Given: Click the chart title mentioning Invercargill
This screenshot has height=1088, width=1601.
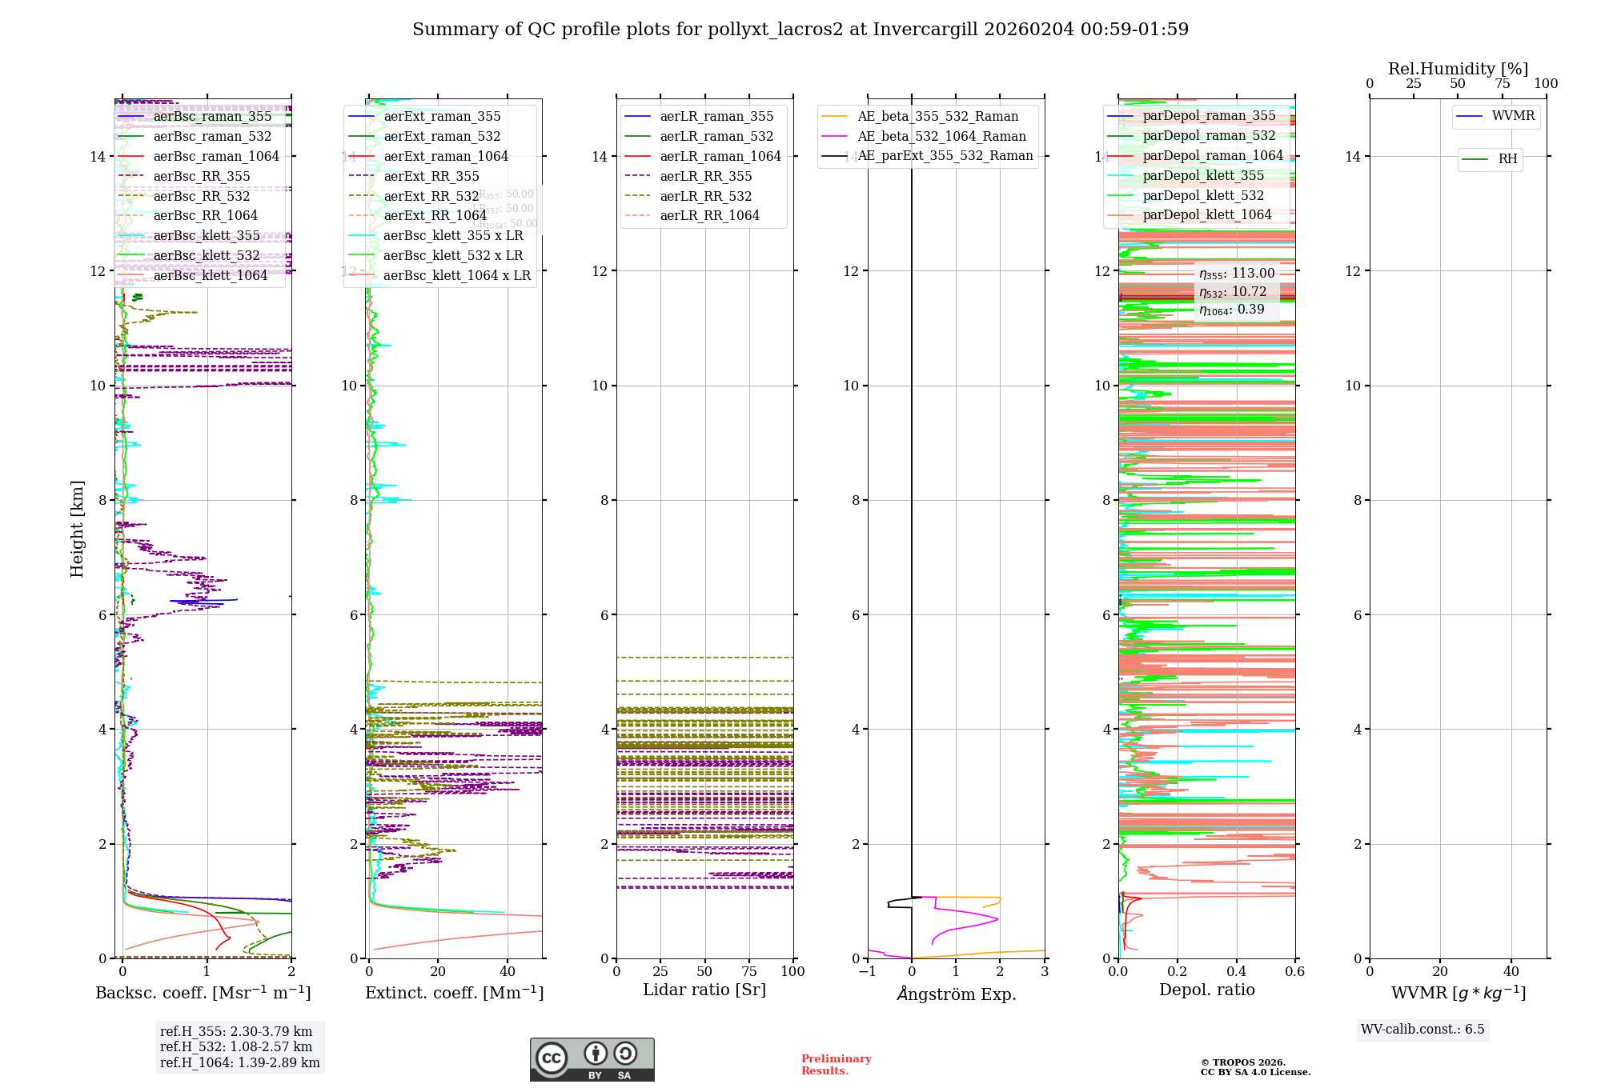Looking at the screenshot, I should click(x=800, y=30).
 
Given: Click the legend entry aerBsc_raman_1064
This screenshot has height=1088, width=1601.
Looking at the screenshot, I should click(x=216, y=156).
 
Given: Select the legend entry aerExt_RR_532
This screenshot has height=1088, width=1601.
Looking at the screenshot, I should click(x=431, y=196).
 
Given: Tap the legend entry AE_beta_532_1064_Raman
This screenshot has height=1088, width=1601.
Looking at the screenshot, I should click(x=941, y=136).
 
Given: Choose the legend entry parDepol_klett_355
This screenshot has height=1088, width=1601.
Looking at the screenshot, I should click(x=1203, y=175).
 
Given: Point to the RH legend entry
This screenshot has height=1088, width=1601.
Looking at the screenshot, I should click(x=1507, y=159).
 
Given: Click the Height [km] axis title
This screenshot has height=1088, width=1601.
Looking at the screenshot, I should click(x=77, y=528).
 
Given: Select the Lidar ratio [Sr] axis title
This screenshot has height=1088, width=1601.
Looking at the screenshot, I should click(x=704, y=990).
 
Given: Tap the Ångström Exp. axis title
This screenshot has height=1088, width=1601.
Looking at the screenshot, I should click(x=956, y=994).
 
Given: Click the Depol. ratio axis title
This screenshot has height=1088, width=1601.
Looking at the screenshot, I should click(x=1206, y=990).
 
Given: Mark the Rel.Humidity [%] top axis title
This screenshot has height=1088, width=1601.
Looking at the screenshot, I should click(x=1458, y=69).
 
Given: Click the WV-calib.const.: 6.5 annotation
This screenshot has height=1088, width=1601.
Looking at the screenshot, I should click(x=1422, y=1029).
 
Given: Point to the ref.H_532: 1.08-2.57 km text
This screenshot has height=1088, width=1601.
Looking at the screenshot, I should click(x=236, y=1046).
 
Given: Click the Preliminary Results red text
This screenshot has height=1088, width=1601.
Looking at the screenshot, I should click(x=836, y=1064).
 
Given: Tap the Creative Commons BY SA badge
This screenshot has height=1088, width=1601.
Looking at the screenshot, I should click(x=592, y=1059).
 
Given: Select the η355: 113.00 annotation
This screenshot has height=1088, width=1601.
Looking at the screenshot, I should click(x=1236, y=274).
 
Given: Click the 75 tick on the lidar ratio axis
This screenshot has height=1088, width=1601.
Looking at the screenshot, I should click(x=749, y=971).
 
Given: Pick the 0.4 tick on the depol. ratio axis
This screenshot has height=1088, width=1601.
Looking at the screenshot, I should click(x=1236, y=971).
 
